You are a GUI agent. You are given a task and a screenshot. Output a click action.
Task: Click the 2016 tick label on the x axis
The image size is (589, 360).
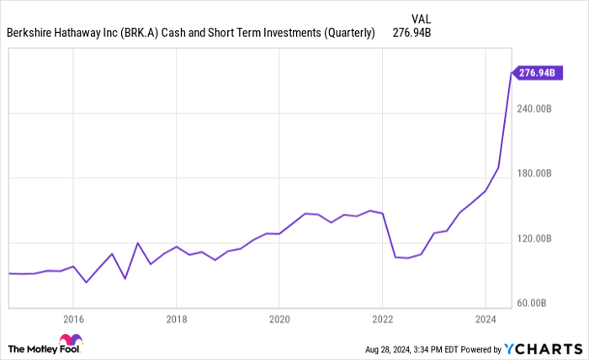(73, 319)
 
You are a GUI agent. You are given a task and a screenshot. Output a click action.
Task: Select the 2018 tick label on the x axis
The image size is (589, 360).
(176, 319)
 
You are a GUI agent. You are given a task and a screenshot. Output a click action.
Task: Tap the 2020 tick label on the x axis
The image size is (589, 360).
(279, 319)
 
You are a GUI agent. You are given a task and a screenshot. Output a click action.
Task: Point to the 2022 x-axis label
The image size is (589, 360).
(382, 319)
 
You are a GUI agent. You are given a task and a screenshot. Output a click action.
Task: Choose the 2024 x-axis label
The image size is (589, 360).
(486, 319)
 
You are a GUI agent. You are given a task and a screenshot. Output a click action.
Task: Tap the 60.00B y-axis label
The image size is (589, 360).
(536, 303)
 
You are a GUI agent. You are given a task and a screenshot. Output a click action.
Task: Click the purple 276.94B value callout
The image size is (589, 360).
(535, 73)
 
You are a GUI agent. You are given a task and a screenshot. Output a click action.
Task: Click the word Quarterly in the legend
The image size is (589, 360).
(347, 34)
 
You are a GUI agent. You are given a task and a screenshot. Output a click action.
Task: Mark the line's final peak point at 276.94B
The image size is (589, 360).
(511, 74)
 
